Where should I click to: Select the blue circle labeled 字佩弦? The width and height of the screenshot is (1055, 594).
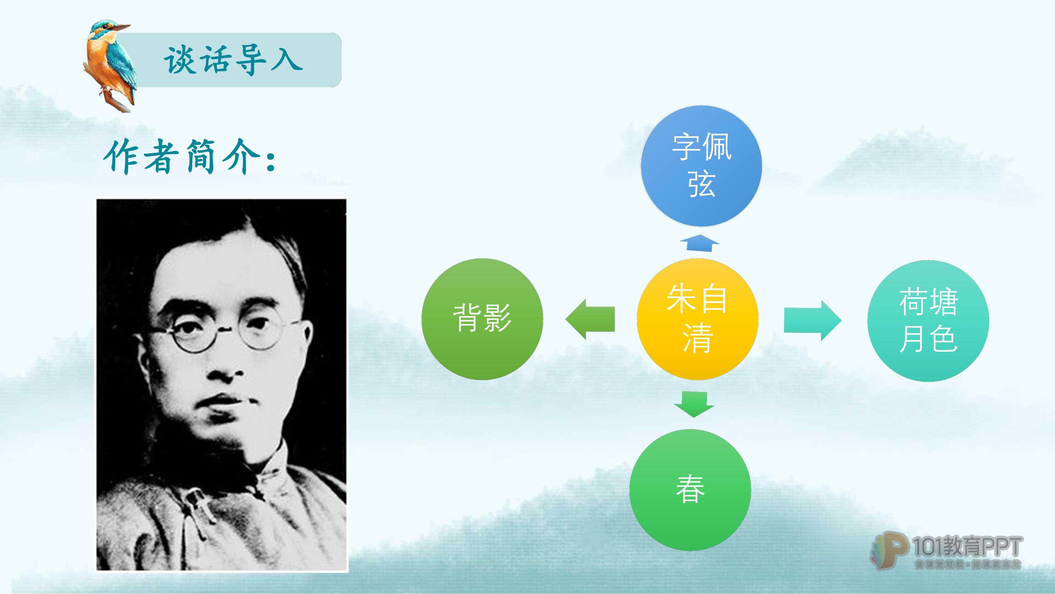701,166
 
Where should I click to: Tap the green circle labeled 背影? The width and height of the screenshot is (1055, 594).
482,319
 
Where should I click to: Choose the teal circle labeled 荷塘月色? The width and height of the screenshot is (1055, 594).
928,321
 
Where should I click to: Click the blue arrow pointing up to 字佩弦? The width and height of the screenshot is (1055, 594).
699,243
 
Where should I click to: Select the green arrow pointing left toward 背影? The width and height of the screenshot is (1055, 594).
590,319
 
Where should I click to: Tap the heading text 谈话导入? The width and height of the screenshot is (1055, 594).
233,60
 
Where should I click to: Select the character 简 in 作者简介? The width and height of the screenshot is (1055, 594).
201,157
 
